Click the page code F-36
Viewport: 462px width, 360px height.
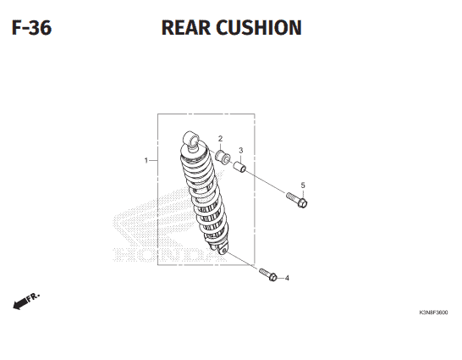coord(31,28)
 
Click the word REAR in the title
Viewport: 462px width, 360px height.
coord(186,28)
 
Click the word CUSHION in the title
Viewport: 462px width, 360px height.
coord(259,28)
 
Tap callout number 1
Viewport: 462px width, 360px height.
coord(146,160)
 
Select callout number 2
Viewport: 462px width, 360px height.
coord(220,139)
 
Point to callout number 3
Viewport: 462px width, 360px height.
coord(241,151)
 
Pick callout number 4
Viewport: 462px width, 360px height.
coord(287,278)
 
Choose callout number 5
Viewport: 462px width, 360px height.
coord(303,186)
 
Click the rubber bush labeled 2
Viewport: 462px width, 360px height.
coord(223,156)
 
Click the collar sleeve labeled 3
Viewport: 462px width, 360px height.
coord(239,167)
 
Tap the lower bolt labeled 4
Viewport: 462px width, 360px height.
coord(268,274)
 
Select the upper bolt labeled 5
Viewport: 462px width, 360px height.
coord(297,200)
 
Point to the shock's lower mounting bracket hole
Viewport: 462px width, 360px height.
coord(224,251)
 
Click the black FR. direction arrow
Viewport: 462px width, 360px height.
coord(20,302)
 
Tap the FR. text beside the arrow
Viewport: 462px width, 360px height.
coord(33,297)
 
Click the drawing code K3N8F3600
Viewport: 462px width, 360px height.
coord(433,313)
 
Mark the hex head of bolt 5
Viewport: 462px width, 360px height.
coord(302,202)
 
